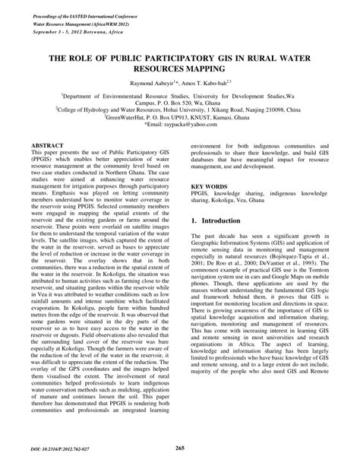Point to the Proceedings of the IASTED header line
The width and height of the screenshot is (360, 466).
click(80, 8)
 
